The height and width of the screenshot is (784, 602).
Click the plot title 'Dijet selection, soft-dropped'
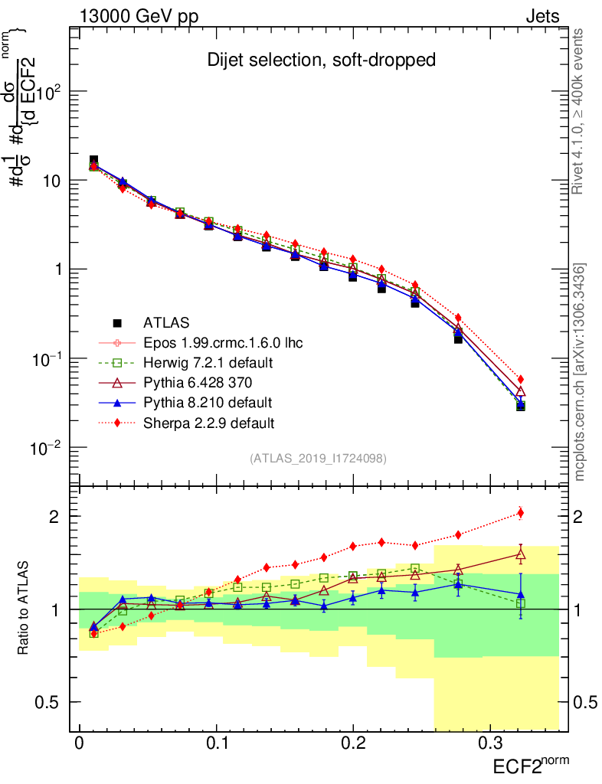(322, 60)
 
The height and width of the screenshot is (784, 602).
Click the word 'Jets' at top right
(541, 16)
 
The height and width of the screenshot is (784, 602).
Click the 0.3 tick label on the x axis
(490, 743)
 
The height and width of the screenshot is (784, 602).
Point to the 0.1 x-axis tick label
(217, 743)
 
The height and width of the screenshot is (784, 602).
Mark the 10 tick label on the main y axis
(51, 181)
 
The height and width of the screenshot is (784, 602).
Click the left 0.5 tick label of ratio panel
(48, 702)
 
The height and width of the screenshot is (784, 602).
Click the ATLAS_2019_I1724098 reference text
(317, 459)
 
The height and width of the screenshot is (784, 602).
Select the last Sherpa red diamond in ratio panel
(521, 513)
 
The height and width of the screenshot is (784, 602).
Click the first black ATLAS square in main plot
(93, 160)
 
